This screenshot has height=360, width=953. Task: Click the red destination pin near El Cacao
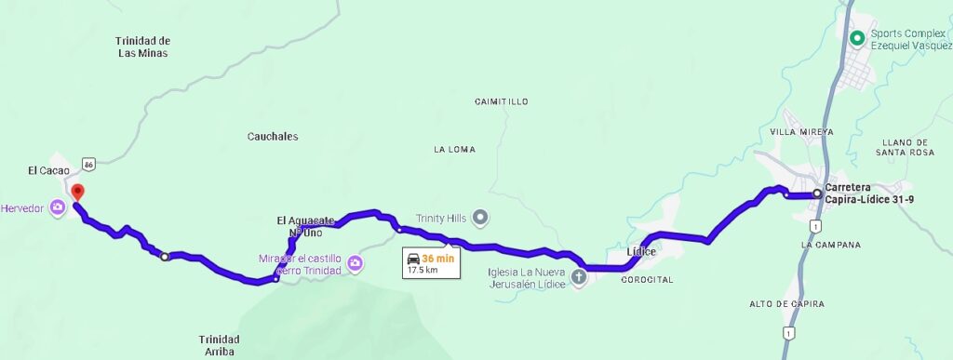[77, 193]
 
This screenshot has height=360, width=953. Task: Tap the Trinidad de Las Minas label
[143, 47]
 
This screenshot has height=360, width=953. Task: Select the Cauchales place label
[273, 137]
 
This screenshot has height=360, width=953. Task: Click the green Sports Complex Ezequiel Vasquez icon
[857, 38]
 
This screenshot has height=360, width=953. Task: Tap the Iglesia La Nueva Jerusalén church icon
[578, 276]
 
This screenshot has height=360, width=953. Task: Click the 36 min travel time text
[438, 259]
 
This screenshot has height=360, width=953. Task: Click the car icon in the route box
[412, 259]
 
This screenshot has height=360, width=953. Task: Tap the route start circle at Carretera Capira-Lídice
[817, 193]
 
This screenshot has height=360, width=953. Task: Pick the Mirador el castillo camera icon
[355, 265]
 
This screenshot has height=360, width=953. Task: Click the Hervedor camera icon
[58, 207]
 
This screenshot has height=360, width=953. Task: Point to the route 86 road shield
[88, 164]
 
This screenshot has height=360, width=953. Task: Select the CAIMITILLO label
[501, 100]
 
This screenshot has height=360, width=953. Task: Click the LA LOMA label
[454, 150]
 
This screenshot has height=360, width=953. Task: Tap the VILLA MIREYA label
[802, 132]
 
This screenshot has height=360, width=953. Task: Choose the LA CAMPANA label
[830, 245]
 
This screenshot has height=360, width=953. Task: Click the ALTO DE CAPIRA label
[787, 304]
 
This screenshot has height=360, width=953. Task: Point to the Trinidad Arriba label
[219, 345]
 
